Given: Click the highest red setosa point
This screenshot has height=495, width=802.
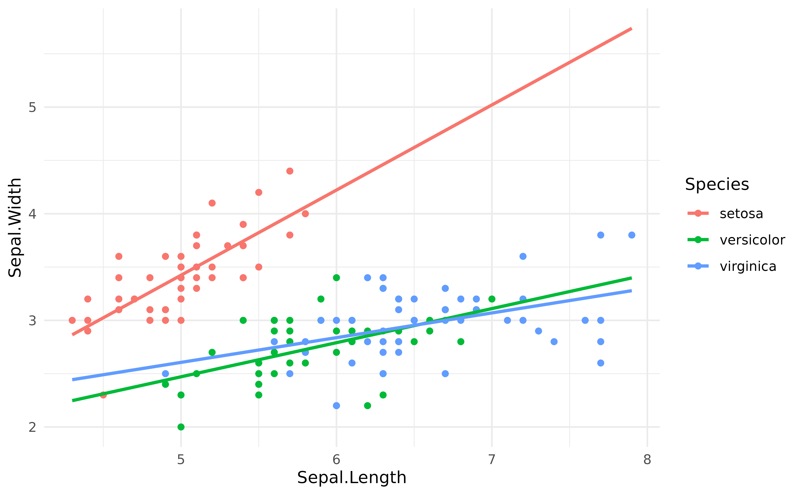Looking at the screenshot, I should [x=290, y=171].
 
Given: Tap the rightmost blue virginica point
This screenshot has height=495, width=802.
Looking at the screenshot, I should [x=632, y=235].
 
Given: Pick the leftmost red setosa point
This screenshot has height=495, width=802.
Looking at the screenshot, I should [x=72, y=320].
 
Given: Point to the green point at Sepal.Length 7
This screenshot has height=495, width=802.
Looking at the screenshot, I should [x=492, y=299].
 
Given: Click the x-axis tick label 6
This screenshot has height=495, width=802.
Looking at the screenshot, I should [x=336, y=460].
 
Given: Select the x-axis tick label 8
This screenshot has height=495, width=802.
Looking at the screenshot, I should [x=647, y=460].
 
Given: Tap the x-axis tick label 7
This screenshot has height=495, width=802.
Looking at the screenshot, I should [x=492, y=460].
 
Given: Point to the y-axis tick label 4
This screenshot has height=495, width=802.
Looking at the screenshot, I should [x=32, y=214].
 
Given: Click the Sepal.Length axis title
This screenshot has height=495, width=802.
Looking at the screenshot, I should [x=352, y=477].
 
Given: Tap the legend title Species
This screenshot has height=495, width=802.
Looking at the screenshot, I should [x=717, y=184].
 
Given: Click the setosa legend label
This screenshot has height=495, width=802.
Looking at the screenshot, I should [x=741, y=214].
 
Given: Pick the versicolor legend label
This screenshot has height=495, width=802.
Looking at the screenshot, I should [x=752, y=240].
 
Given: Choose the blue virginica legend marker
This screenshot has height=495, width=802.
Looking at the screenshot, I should [x=698, y=266].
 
